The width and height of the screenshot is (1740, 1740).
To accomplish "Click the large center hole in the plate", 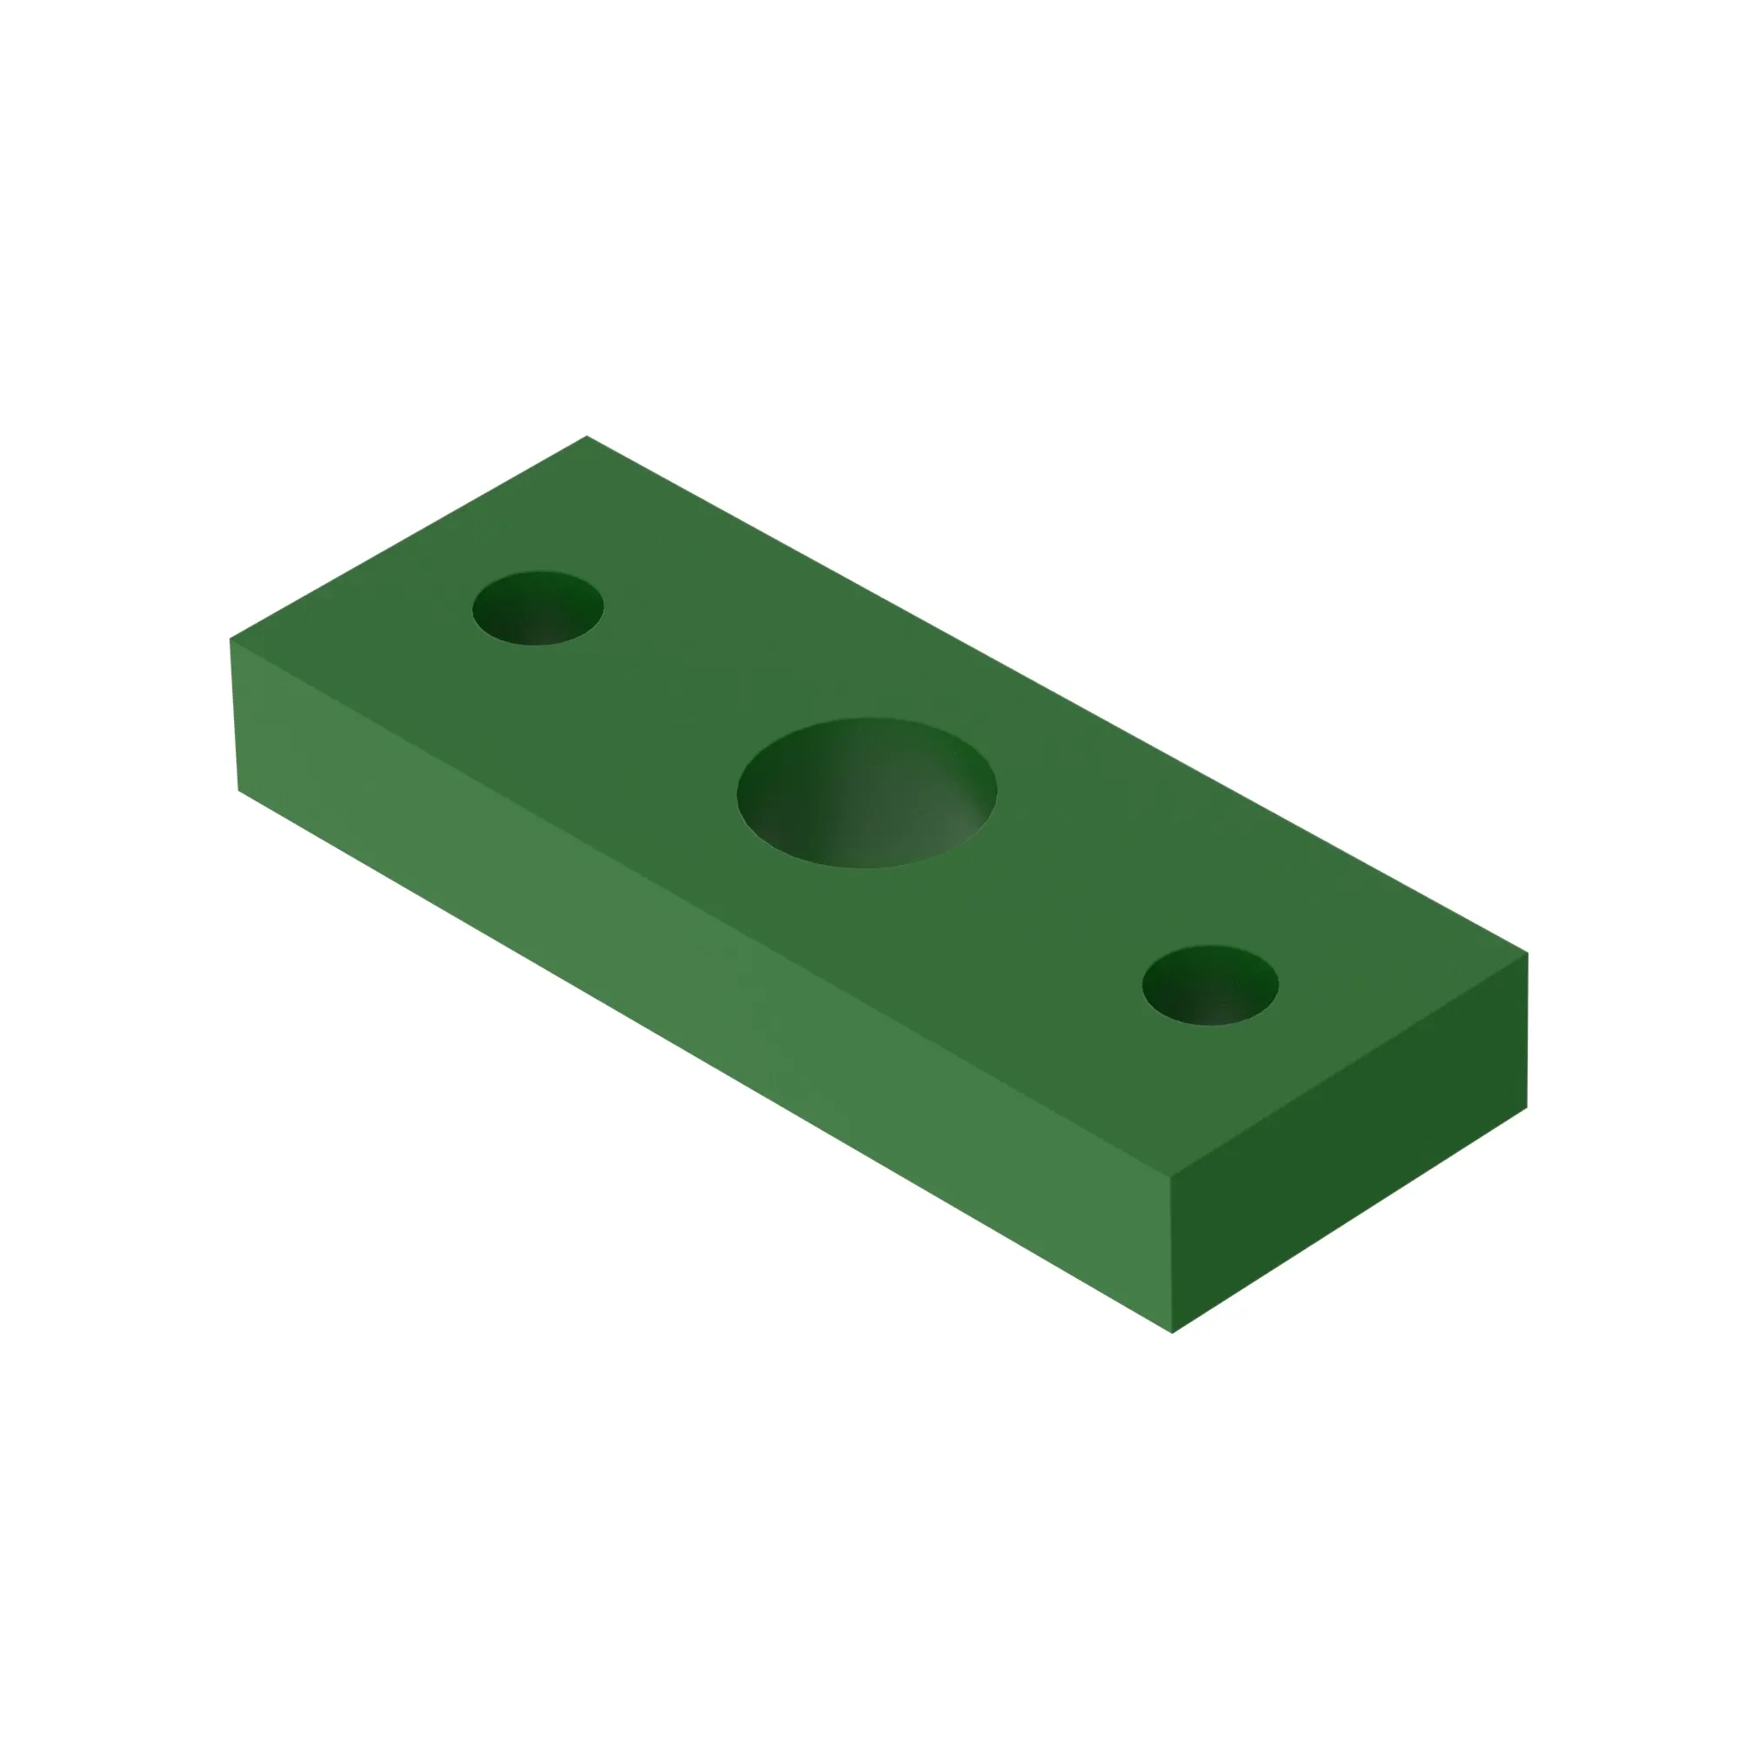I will point(867,793).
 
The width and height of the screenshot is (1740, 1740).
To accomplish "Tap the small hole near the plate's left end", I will point(538,608).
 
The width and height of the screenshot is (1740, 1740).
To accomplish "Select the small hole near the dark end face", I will point(1209,986).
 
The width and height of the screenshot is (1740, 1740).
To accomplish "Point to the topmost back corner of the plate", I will point(587,437).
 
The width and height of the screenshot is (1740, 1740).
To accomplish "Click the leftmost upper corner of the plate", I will point(231,639).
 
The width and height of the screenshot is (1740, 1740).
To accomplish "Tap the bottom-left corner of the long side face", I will point(238,790).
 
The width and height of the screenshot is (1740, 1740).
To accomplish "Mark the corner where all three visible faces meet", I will point(1171,1176).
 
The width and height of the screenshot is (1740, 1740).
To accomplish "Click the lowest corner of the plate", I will point(1172,1332).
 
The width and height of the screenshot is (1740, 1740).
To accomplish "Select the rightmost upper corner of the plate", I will point(1528,953).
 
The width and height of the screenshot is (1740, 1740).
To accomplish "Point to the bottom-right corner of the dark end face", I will point(1527,1108).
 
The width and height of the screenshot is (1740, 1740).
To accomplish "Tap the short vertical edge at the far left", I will point(235,715).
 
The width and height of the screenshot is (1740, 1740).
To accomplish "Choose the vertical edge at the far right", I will point(1528,1030).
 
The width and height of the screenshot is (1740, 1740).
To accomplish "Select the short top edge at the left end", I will point(409,538).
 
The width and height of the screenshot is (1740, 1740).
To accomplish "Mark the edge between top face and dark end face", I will point(1349,1065).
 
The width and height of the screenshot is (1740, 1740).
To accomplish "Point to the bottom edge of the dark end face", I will point(1349,1221).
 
